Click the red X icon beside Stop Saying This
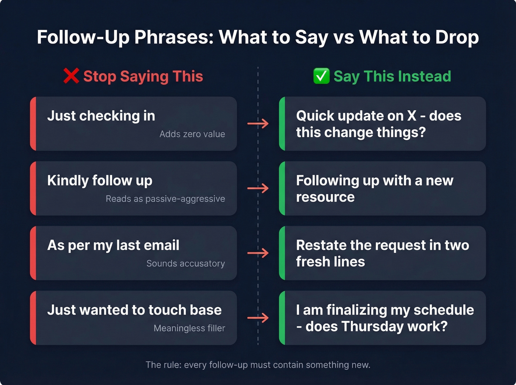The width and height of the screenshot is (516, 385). pos(71,76)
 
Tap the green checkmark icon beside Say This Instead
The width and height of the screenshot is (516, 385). pos(321,76)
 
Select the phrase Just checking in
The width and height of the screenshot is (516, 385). pos(101,116)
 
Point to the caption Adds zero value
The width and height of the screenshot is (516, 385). pos(192,134)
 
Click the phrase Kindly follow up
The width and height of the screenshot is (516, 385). pos(100,181)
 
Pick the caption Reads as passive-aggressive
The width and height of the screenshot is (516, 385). pos(165,199)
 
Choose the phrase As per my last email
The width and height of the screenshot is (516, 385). pos(113,245)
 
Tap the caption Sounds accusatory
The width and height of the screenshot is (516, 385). pos(185,264)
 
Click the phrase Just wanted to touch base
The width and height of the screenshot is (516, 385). pos(134,310)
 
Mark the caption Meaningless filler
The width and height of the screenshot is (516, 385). pos(189,328)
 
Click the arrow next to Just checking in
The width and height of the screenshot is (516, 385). pos(258,124)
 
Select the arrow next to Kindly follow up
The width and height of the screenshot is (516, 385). pos(258,189)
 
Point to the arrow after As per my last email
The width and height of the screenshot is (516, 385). pos(258,253)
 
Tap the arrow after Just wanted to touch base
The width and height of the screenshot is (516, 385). pos(258,318)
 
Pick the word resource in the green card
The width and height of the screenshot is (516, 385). pos(325,197)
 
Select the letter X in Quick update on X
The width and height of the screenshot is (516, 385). pos(411,116)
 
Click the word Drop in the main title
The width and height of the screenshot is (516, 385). pos(457,37)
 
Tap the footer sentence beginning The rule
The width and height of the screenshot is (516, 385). pos(258,365)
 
